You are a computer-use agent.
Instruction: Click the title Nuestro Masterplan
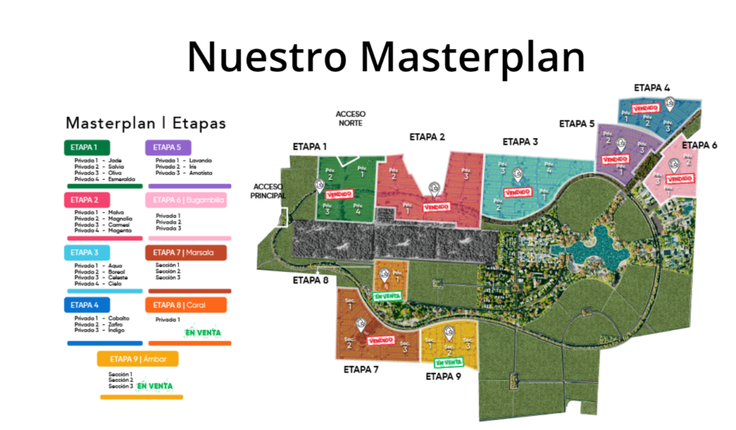pos(386,56)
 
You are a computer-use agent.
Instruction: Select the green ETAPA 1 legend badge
pos(86,147)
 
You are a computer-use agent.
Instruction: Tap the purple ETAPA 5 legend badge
pos(167,147)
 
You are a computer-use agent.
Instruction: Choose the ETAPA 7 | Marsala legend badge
pos(185,252)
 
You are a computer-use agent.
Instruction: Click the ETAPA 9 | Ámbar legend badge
pos(138,358)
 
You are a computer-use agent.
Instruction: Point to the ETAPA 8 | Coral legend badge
pos(185,305)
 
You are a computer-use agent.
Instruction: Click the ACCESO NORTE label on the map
pos(351,119)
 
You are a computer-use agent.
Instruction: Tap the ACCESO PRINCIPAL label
pos(270,191)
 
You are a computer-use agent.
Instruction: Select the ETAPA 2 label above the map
pos(428,137)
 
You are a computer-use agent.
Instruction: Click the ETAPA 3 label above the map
pos(520,142)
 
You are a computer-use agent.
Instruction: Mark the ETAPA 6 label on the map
pos(699,145)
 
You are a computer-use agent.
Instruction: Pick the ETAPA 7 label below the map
pos(362,370)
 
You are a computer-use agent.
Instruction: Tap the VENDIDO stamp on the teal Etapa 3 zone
pos(517,192)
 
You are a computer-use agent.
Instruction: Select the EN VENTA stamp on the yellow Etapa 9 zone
pos(448,362)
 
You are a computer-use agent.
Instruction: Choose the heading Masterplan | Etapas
pos(145,123)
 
